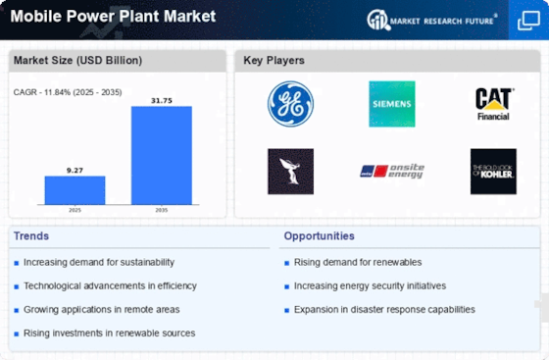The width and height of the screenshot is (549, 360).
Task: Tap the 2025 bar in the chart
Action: tap(75, 190)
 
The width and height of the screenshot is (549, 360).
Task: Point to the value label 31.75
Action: tap(162, 99)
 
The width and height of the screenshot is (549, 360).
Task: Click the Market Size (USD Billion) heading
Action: tap(76, 61)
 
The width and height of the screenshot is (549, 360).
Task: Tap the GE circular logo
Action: tap(290, 104)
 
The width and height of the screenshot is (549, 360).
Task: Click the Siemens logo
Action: tap(391, 104)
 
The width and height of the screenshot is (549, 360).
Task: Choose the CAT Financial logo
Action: tap(492, 104)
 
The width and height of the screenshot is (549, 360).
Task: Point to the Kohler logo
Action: tap(492, 172)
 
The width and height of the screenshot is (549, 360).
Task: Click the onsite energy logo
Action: tap(391, 172)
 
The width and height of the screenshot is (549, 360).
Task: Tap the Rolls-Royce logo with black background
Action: tap(290, 172)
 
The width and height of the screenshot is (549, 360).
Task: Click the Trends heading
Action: tap(31, 236)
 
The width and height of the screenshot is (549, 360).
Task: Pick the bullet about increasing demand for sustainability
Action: tap(99, 262)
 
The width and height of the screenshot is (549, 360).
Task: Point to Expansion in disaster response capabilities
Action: tap(384, 309)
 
